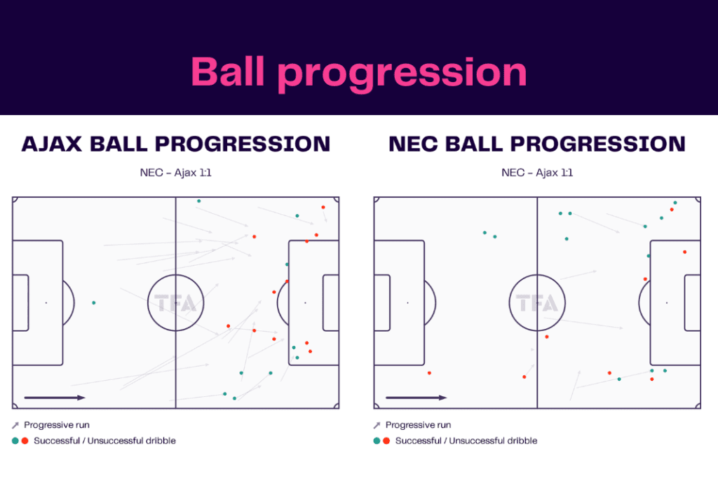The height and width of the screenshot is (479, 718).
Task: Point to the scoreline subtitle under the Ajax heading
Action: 175,173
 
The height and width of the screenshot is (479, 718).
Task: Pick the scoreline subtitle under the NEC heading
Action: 537,173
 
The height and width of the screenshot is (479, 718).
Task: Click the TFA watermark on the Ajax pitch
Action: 175,303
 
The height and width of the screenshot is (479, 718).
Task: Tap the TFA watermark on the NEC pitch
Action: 537,303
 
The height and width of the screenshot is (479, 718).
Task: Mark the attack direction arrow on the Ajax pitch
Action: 55,398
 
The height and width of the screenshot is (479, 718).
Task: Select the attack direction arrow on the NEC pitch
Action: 416,398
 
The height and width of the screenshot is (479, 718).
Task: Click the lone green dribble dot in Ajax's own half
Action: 93,303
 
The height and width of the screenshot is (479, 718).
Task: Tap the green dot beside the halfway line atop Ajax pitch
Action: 198,201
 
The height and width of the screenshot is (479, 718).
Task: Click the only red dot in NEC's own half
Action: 429,373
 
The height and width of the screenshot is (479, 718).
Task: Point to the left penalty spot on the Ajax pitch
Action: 46,303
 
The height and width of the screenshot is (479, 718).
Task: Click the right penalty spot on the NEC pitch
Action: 666,303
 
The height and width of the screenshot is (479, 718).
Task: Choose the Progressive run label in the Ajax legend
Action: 57,425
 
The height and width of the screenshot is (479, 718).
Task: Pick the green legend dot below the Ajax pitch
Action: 15,441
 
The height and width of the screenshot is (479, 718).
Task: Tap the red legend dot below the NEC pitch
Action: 386,441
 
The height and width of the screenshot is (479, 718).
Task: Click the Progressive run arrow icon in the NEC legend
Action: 377,425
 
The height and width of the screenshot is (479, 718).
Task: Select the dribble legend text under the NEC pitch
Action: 466,441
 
